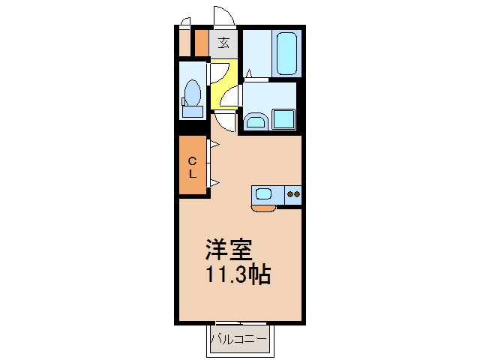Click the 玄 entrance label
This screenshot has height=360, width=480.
click(x=223, y=43)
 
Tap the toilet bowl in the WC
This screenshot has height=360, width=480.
click(x=193, y=94)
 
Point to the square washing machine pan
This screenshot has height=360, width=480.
click(x=283, y=120)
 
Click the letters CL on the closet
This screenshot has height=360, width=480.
click(x=192, y=166)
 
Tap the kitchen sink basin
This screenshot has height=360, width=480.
click(x=263, y=194)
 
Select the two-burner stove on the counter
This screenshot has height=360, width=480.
click(x=292, y=194)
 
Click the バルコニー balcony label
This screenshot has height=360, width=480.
click(x=238, y=340)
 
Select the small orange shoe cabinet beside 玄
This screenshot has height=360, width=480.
click(x=201, y=43)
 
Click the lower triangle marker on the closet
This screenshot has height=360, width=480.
click(x=214, y=182)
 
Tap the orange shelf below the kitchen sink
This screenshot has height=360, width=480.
click(x=263, y=208)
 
